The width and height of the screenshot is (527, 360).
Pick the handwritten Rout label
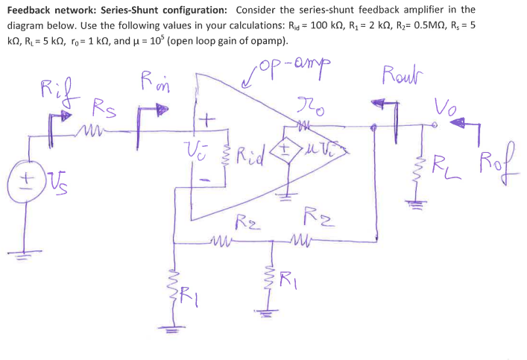[402, 77]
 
